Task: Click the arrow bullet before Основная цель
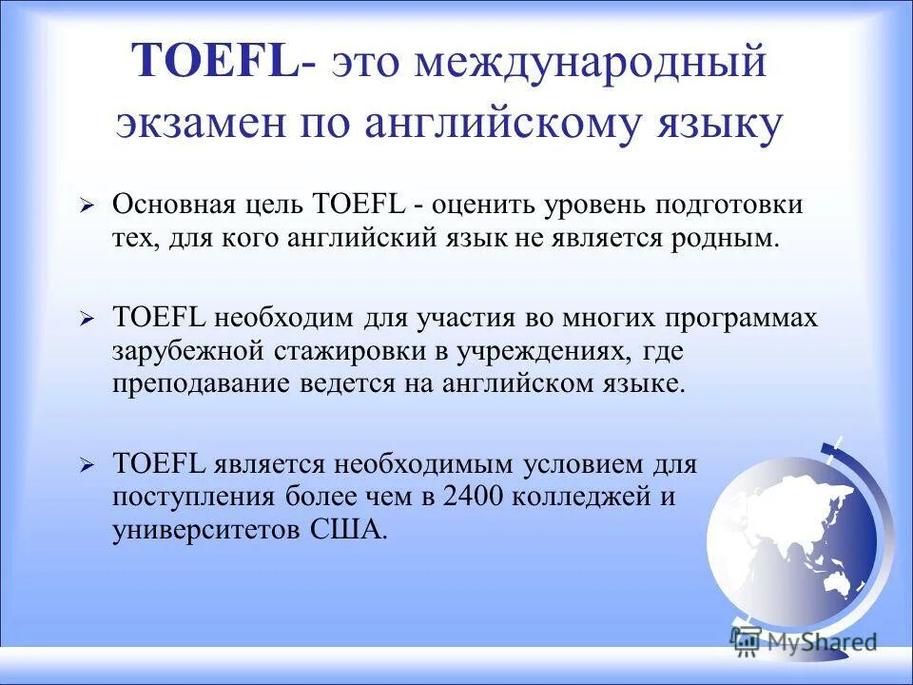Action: click(x=87, y=205)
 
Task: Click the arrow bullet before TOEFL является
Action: click(x=87, y=466)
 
